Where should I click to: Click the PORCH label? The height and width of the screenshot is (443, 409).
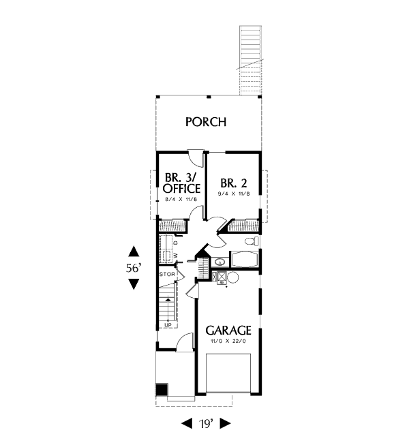click(x=206, y=122)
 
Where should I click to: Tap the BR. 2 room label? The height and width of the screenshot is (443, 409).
click(x=234, y=183)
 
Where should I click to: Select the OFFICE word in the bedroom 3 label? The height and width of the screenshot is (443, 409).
click(x=181, y=188)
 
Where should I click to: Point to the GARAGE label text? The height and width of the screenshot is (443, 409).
click(x=228, y=330)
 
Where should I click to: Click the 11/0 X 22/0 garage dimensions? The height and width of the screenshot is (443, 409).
click(x=228, y=341)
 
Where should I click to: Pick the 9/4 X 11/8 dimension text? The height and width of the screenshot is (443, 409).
click(x=234, y=194)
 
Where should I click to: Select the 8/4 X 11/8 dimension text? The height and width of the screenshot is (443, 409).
click(x=181, y=199)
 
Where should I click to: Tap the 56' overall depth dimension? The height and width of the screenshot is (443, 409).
click(x=134, y=268)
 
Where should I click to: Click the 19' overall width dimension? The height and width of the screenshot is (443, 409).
click(x=205, y=423)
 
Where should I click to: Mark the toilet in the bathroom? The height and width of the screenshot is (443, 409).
click(x=252, y=241)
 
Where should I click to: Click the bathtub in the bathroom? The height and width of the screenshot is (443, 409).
click(x=245, y=260)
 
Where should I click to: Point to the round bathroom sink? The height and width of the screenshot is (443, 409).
click(x=219, y=262)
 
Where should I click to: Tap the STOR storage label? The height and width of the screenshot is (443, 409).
click(x=167, y=274)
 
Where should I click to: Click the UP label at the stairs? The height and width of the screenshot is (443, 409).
click(x=168, y=325)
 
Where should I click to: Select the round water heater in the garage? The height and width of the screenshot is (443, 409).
click(x=233, y=277)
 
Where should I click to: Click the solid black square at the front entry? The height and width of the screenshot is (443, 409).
click(x=162, y=390)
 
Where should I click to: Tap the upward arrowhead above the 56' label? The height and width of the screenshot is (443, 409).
click(x=134, y=251)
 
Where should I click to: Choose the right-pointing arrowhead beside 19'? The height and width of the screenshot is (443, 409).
click(x=225, y=423)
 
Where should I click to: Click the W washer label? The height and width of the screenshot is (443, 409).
click(x=175, y=256)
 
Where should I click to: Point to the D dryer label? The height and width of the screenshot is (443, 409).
click(x=175, y=243)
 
